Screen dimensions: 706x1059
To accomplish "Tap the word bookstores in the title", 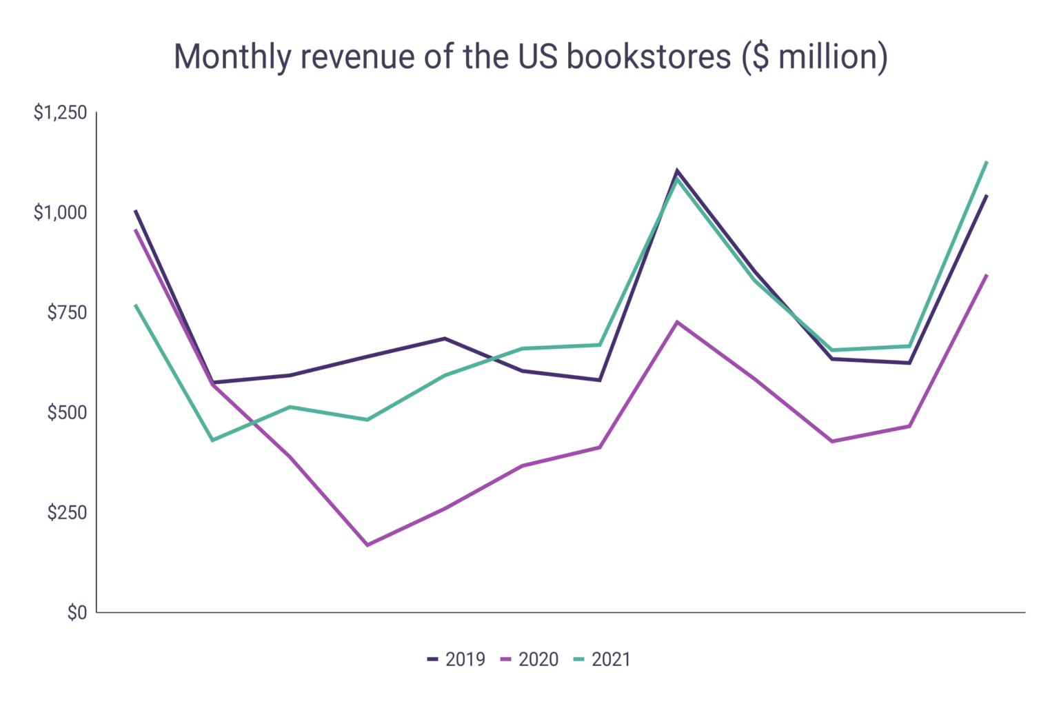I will point(648,57).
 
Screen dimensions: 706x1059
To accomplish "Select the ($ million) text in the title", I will point(814,57).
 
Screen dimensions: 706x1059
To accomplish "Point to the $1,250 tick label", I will point(61,112).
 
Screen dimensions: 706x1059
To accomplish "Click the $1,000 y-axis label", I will point(61,212).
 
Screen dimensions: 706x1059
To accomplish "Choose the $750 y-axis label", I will point(67,312).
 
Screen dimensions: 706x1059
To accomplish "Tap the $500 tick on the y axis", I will point(67,412).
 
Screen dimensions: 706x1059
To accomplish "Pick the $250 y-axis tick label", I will point(67,512).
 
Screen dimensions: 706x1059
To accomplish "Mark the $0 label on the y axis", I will point(77,612).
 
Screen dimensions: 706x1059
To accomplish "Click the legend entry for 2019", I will point(457,660).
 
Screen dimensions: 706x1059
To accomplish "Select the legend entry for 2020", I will point(529,660).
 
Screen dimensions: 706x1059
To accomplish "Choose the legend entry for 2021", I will point(603,660).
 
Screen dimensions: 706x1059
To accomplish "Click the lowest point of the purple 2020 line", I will point(367,545).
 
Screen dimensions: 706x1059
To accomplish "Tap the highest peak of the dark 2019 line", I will point(677,170).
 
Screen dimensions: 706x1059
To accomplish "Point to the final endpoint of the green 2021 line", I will point(987,161).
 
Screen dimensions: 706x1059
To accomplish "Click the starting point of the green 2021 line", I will point(135,305).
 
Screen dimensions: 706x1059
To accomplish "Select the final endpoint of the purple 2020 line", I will point(987,275).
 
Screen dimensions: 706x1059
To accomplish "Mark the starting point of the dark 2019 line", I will point(135,210).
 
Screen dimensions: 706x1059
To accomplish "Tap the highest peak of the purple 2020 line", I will point(677,322).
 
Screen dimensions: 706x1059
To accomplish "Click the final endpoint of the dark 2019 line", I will point(987,196).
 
